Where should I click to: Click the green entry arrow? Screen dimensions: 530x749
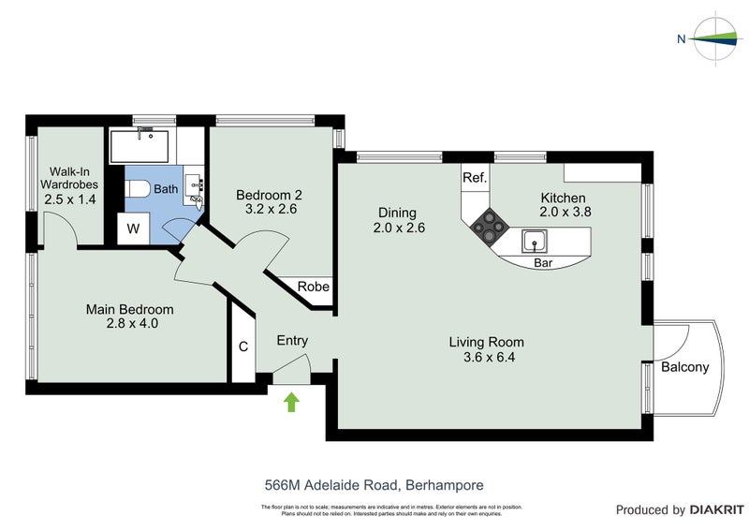click(x=291, y=403)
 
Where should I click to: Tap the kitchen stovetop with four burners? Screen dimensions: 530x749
click(x=489, y=226)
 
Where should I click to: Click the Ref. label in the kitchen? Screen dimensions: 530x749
click(x=474, y=178)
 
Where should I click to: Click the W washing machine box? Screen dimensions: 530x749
click(x=133, y=228)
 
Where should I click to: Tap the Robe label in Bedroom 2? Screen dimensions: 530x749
click(x=313, y=287)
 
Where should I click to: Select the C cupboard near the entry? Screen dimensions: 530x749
click(x=242, y=346)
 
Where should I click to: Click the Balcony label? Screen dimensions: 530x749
click(x=684, y=367)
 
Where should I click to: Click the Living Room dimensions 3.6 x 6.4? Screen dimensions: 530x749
click(x=486, y=358)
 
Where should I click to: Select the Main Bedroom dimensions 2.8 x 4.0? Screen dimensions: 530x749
click(x=129, y=325)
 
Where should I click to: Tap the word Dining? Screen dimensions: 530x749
click(x=396, y=213)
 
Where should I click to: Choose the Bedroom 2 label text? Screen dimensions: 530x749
click(x=269, y=195)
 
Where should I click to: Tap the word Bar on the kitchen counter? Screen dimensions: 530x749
click(x=542, y=264)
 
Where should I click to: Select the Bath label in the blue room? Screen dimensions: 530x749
click(x=166, y=189)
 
